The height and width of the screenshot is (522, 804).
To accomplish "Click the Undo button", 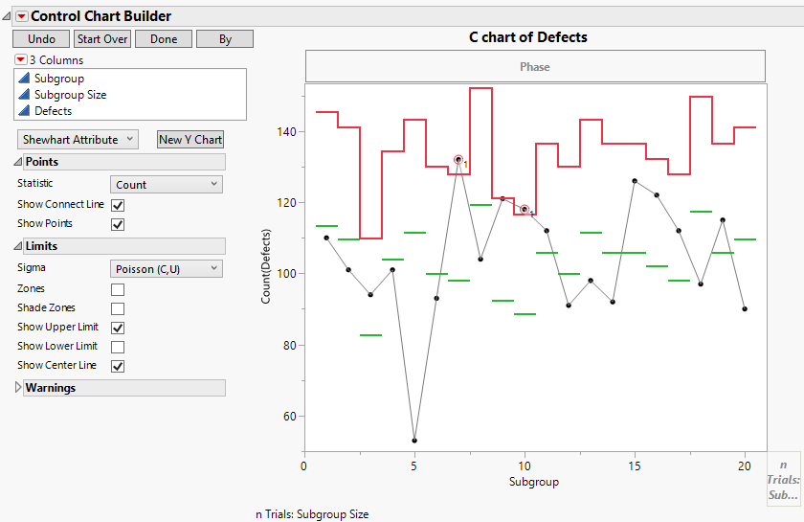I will click(41, 39).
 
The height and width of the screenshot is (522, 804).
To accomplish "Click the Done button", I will click(164, 39).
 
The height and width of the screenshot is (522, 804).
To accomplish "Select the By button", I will click(225, 39).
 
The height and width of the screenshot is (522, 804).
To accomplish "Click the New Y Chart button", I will click(190, 140).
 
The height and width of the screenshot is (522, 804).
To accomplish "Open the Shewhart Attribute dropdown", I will click(78, 140).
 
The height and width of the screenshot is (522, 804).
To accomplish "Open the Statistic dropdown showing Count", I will click(167, 185).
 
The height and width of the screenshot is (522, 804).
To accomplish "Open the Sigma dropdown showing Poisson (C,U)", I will click(167, 269).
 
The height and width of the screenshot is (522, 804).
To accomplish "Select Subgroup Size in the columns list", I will click(70, 95).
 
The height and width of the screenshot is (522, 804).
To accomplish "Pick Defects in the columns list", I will click(53, 111).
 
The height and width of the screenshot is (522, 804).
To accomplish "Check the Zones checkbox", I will click(118, 289).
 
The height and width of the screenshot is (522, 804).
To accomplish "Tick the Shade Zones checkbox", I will click(118, 308).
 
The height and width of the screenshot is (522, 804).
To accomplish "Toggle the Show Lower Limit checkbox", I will click(118, 347).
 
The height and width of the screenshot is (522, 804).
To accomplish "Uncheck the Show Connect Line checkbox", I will click(118, 205).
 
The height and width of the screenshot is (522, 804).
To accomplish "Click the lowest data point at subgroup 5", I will click(414, 441).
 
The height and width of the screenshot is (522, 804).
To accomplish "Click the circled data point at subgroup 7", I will click(458, 160).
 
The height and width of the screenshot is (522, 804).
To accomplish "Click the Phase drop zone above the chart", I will click(535, 67).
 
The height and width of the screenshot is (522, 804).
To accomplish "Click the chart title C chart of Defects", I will click(527, 37).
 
